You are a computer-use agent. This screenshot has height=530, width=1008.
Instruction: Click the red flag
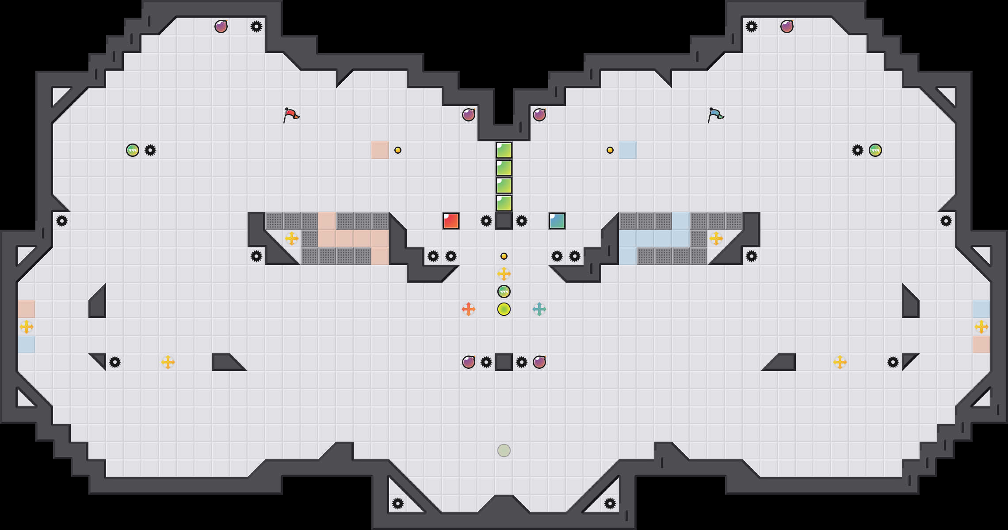(x=291, y=115)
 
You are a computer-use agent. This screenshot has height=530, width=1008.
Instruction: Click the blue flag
(x=715, y=115)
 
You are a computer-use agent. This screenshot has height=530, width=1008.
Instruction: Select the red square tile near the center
(x=451, y=221)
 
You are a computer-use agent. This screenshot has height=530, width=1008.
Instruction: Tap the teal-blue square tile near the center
(x=557, y=221)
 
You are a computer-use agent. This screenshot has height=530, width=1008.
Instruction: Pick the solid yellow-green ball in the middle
(x=504, y=309)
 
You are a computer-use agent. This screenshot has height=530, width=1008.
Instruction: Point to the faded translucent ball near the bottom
(x=504, y=450)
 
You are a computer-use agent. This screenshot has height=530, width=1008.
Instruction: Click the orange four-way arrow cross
(x=469, y=309)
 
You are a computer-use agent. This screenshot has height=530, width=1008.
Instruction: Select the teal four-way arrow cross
(x=539, y=309)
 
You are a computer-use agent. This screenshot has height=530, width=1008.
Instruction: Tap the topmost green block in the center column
(x=504, y=150)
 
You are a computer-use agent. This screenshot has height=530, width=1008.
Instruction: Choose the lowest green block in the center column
(x=504, y=203)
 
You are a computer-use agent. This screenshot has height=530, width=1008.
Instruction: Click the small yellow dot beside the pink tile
(x=398, y=150)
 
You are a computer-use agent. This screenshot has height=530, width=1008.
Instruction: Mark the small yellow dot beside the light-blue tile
(x=610, y=150)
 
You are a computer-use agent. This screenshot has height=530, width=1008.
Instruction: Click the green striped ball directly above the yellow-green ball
(x=504, y=291)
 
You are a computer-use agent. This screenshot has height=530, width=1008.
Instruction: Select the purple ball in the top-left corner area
(x=221, y=26)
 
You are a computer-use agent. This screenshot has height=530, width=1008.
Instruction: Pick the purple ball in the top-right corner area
(x=787, y=26)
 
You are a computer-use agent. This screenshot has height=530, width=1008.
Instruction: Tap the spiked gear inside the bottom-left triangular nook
(x=398, y=503)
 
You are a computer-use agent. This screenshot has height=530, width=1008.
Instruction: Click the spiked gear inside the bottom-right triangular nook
(x=610, y=503)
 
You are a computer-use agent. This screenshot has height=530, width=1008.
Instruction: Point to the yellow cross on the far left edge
(x=27, y=327)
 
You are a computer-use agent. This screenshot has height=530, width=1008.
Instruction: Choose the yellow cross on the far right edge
(x=981, y=327)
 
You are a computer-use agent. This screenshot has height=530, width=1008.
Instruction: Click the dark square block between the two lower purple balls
(x=504, y=362)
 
